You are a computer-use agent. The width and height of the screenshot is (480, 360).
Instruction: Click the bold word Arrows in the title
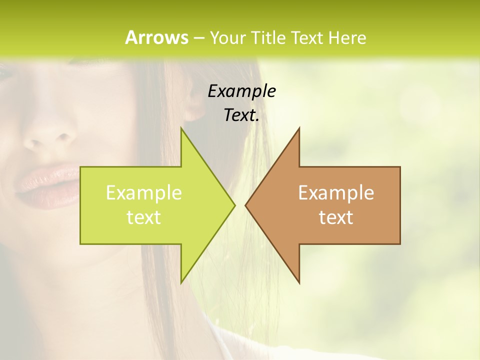pyautogui.click(x=156, y=37)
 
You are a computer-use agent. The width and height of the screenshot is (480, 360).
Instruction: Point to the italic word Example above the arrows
pyautogui.click(x=241, y=91)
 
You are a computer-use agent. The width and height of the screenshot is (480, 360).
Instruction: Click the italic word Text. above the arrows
pyautogui.click(x=241, y=115)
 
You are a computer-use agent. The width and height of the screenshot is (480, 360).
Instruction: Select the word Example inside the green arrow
pyautogui.click(x=143, y=193)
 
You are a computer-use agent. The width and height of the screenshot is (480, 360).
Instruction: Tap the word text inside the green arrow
pyautogui.click(x=143, y=217)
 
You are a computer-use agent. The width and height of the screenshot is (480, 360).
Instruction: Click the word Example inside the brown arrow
pyautogui.click(x=336, y=193)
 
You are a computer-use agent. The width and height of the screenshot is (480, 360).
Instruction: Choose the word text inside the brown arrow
pyautogui.click(x=336, y=217)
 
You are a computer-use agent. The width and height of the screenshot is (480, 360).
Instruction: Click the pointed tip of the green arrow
pyautogui.click(x=234, y=205)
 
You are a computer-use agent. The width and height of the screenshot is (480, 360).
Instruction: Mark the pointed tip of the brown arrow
pyautogui.click(x=246, y=205)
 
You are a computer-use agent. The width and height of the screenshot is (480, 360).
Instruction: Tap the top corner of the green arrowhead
pyautogui.click(x=181, y=128)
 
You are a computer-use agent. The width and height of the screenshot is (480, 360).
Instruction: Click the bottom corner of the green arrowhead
pyautogui.click(x=181, y=282)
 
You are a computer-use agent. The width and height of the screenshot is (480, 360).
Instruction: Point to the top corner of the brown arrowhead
pyautogui.click(x=299, y=128)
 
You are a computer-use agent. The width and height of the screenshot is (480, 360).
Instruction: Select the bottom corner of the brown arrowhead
pyautogui.click(x=299, y=282)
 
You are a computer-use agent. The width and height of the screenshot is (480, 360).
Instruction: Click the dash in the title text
pyautogui.click(x=198, y=38)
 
